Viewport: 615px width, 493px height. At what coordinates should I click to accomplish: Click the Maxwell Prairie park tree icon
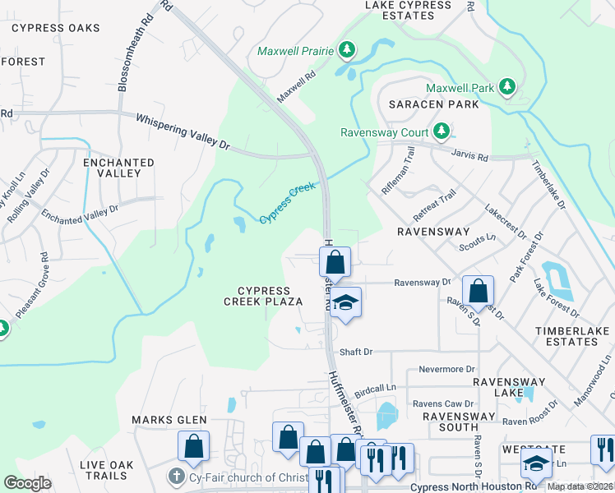pos(347,51)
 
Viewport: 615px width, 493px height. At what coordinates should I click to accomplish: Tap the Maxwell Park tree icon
pos(507,87)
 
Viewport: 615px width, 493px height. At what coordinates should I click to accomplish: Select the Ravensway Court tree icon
pos(442,131)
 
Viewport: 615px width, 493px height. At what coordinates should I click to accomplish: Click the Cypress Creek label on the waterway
pos(288,203)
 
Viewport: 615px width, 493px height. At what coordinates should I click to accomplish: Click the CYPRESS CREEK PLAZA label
pos(263,296)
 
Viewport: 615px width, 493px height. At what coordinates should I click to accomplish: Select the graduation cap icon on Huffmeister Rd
pos(346,302)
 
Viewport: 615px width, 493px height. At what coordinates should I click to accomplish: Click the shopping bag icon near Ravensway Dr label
pos(478,291)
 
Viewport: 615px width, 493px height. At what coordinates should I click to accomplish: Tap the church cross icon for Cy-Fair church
pos(174,477)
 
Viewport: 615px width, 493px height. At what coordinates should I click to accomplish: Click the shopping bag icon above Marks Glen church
pos(193,446)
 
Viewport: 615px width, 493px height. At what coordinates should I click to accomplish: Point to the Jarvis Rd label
pos(469,154)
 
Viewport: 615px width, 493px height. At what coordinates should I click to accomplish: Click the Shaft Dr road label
pos(356,352)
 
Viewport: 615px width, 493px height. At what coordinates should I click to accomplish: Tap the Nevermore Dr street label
pos(447,370)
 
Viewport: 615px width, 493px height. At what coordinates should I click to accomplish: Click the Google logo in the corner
pos(27,483)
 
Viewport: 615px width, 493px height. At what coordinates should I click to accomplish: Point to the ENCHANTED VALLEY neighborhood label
pos(118,168)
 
